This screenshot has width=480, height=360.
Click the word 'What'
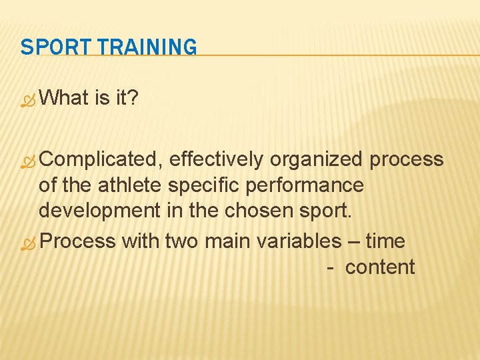coord(64,98)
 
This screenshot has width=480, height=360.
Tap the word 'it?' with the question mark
coord(126,98)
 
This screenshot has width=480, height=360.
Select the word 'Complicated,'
coord(101,159)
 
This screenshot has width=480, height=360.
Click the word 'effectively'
coord(217,159)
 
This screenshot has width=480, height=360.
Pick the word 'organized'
coord(317,159)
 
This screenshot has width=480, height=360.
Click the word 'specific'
coord(205,185)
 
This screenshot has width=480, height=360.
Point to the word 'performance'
coord(305,185)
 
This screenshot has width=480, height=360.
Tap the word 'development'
coord(99,211)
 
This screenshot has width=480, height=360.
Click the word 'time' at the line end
coord(385,240)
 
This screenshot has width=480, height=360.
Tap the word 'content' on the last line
coord(380,267)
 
